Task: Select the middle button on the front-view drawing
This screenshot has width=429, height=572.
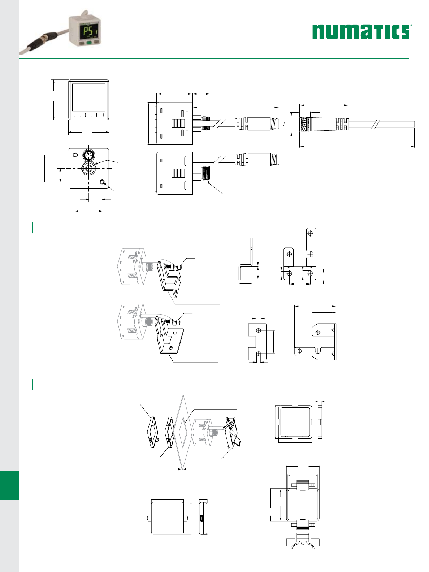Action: [x=89, y=115]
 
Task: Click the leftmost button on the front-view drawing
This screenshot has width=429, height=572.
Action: [x=77, y=115]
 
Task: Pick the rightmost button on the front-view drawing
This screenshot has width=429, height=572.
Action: [x=100, y=115]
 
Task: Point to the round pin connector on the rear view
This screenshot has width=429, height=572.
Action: [x=88, y=155]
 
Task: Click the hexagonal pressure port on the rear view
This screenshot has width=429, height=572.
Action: [x=89, y=169]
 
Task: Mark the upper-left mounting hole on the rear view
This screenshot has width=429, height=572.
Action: [x=75, y=155]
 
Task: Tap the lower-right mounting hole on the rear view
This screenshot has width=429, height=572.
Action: [x=102, y=182]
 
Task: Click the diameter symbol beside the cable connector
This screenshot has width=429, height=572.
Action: [x=284, y=124]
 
